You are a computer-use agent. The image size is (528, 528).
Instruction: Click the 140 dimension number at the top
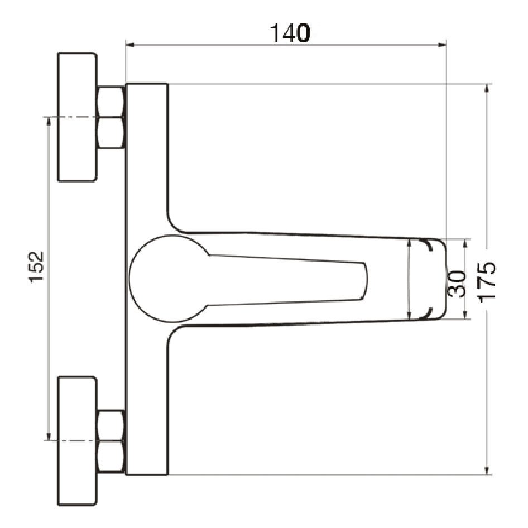tap(290, 33)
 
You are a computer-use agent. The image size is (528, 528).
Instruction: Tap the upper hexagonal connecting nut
tap(111, 117)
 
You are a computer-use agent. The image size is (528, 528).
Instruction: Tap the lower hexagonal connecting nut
tap(111, 441)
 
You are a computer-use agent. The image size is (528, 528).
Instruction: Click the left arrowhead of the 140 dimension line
tap(129, 44)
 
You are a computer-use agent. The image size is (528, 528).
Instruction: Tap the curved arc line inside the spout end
tap(409, 279)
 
